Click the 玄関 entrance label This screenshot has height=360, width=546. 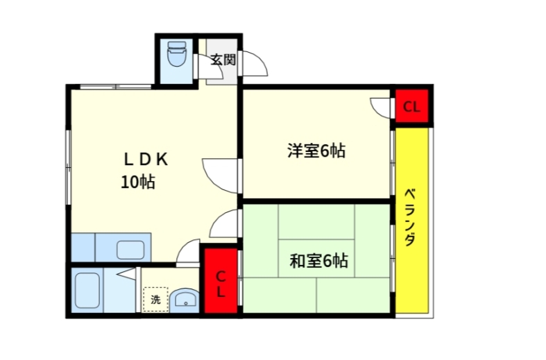point(223,59)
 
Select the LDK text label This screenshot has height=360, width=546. point(146,159)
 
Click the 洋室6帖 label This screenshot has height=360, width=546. point(316,151)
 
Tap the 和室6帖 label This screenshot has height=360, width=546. point(318,262)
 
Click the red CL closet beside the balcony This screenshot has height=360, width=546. point(411,107)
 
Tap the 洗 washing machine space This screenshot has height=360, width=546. point(155,300)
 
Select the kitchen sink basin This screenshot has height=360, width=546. point(130,248)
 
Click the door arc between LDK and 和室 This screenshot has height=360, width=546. point(223,224)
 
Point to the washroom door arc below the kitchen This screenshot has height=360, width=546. point(188,252)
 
